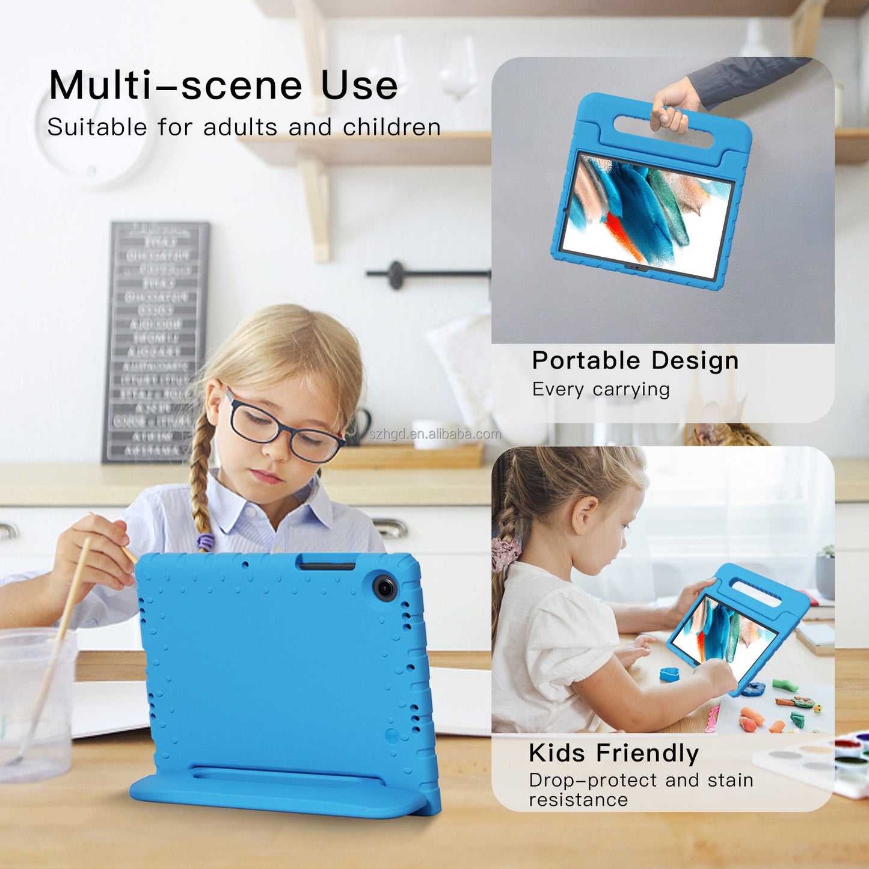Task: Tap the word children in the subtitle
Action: [x=392, y=127]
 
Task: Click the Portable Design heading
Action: [x=635, y=360]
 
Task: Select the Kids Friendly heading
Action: [x=613, y=752]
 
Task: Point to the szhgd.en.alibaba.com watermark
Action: [x=435, y=434]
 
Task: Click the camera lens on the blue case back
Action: [x=385, y=587]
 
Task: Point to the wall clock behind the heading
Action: [x=90, y=141]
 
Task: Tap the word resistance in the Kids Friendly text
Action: [x=578, y=800]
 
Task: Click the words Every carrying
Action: [x=600, y=390]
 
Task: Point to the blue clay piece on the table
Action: [x=669, y=675]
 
